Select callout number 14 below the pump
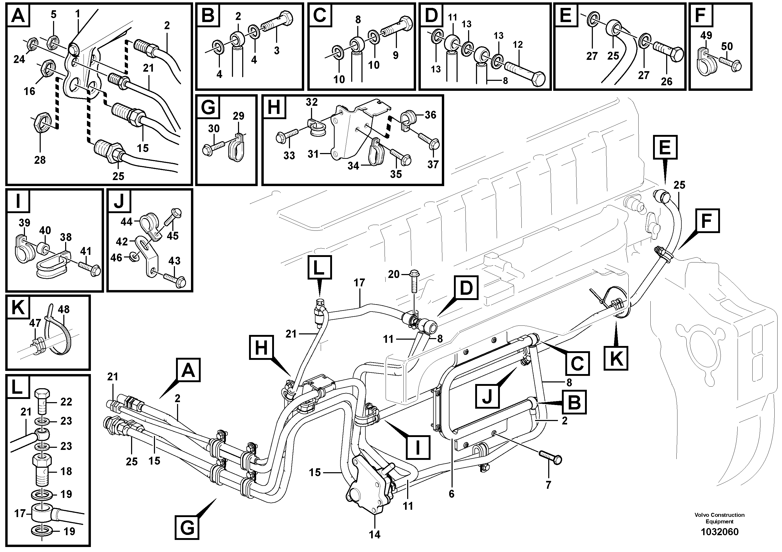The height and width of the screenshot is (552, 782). point(374,534)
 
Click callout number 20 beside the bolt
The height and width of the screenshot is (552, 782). point(394,274)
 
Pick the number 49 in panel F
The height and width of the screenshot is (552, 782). point(706,35)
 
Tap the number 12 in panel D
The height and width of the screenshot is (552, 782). point(517,45)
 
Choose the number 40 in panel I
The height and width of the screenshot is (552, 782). point(45,230)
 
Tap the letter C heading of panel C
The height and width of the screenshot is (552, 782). point(319,15)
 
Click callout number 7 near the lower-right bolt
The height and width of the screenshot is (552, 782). point(548,485)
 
